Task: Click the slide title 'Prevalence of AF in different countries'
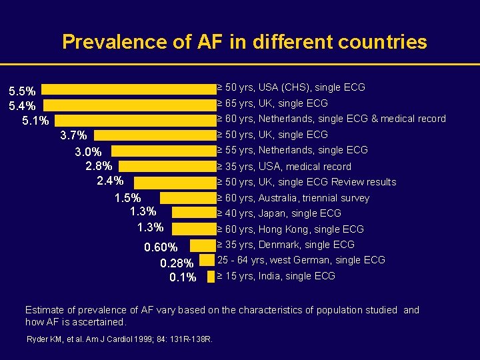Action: click(x=244, y=43)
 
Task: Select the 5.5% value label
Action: click(x=22, y=90)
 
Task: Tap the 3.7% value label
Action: click(x=73, y=136)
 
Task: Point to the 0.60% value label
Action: click(x=161, y=249)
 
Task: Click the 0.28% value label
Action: click(x=178, y=263)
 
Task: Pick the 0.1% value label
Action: click(x=183, y=277)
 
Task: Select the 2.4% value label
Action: click(x=110, y=180)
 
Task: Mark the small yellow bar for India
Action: click(x=211, y=275)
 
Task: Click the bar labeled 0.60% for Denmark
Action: click(x=201, y=245)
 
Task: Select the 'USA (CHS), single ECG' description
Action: click(x=291, y=87)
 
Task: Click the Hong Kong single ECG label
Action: click(x=291, y=229)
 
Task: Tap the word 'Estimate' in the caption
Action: click(x=43, y=310)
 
